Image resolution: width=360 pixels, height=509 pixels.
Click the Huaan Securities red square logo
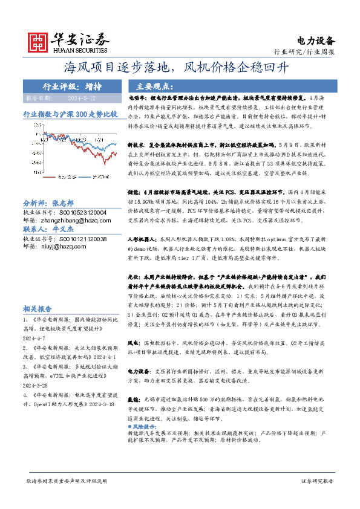pos(39,41)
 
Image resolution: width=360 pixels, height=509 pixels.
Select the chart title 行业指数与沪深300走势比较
pos(70,114)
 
